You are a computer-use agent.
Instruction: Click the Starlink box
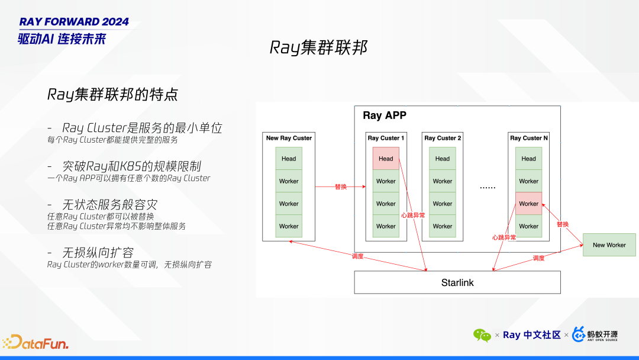pos(457,282)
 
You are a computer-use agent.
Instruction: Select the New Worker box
pos(609,245)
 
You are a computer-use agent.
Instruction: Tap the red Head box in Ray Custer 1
pos(386,159)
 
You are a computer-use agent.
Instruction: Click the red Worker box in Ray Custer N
pos(528,204)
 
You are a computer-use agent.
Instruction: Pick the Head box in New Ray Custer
pos(289,159)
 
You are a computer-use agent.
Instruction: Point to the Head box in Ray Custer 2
pos(443,159)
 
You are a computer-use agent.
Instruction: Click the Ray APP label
pos(385,115)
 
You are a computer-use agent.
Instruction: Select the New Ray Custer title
pos(289,138)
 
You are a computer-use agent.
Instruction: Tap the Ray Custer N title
pos(528,138)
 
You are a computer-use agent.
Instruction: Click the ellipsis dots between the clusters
pos(488,187)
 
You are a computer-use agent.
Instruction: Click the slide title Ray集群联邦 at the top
pos(319,47)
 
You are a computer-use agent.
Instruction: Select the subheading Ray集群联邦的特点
pos(112,95)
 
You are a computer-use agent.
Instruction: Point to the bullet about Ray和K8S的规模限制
pos(135,166)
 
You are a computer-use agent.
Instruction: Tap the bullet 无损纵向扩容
pos(98,253)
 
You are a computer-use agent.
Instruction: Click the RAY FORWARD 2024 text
pos(74,22)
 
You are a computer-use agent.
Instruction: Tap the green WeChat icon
pos(482,335)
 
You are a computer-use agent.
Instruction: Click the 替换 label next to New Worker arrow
pos(562,224)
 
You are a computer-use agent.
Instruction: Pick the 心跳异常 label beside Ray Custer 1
pos(412,216)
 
